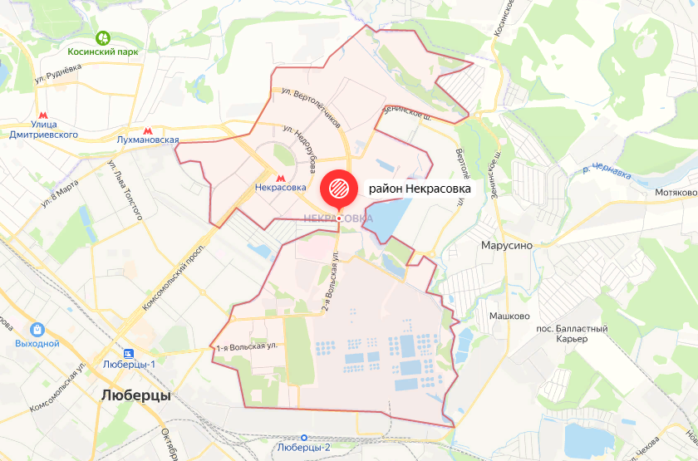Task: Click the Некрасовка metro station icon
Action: pyautogui.click(x=280, y=175)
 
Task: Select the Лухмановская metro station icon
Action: pyautogui.click(x=148, y=130)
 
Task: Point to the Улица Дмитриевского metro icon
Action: pyautogui.click(x=43, y=117)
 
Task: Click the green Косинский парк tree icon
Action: pyautogui.click(x=103, y=37)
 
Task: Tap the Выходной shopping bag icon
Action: pyautogui.click(x=37, y=329)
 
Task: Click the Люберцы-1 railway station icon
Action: pyautogui.click(x=130, y=351)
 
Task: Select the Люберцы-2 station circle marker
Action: pyautogui.click(x=304, y=437)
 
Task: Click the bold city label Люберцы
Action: pyautogui.click(x=135, y=395)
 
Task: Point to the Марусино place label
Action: pyautogui.click(x=507, y=246)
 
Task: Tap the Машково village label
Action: pyautogui.click(x=509, y=316)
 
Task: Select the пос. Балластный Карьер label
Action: pyautogui.click(x=574, y=334)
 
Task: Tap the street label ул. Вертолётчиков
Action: pyautogui.click(x=312, y=106)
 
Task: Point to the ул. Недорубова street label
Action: pyautogui.click(x=301, y=150)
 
